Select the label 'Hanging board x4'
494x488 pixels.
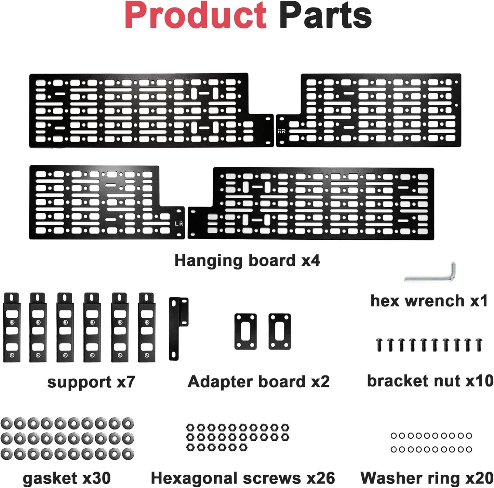[x=248, y=261]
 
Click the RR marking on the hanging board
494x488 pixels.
[x=281, y=131]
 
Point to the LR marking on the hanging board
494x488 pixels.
[x=179, y=224]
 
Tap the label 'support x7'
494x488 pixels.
[x=91, y=382]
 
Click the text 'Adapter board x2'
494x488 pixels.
[x=258, y=382]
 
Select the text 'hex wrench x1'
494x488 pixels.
[x=429, y=301]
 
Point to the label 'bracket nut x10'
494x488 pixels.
[x=430, y=381]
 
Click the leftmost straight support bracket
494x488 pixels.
[x=12, y=328]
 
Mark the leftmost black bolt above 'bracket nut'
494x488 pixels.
[x=379, y=345]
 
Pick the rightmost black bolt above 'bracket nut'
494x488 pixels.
[x=479, y=345]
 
